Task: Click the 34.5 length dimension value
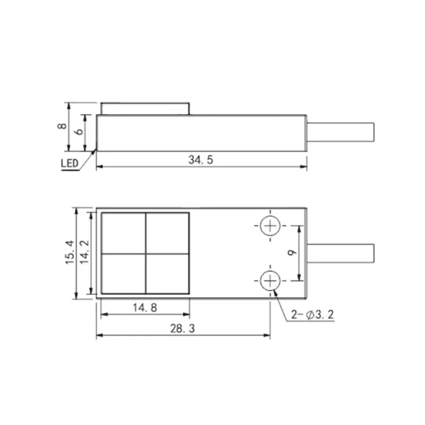[x=201, y=160]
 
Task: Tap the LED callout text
[x=70, y=164]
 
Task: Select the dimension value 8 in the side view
[x=62, y=126]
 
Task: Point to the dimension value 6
[x=79, y=131]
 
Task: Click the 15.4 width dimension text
[x=70, y=252]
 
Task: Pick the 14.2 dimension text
[x=84, y=252]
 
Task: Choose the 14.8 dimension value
[x=145, y=308]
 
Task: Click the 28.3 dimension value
[x=182, y=328]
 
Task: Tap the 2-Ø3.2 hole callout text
[x=312, y=314]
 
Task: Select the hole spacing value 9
[x=292, y=253]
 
